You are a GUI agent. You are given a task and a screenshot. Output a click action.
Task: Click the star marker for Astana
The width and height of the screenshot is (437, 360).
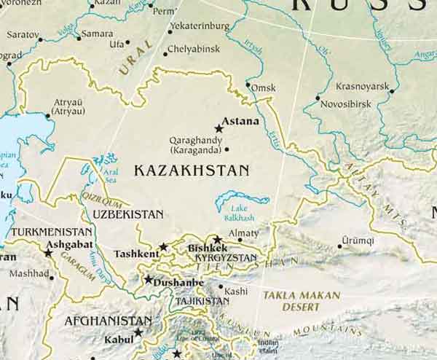coord(219,128)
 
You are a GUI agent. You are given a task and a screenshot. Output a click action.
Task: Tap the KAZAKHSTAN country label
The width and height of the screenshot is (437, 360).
coord(192,170)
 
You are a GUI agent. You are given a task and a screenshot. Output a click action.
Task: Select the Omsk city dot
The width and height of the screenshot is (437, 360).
coord(250,87)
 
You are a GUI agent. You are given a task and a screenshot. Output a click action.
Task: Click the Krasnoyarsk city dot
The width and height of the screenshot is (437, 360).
coord(391,91)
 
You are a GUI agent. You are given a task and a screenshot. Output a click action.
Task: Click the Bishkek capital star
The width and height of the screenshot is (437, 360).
coord(216,239)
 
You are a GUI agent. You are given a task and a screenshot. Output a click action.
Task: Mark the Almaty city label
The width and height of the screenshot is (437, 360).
coord(244,233)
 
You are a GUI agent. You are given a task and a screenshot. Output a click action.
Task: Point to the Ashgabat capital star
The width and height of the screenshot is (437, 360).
coord(48,253)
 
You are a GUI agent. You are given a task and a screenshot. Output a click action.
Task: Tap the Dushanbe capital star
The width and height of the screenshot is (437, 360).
coord(149,279)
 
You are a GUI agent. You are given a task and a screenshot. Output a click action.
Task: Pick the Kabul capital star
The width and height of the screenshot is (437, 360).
coord(138,332)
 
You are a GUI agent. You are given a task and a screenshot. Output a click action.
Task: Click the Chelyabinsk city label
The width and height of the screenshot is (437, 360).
coord(192,50)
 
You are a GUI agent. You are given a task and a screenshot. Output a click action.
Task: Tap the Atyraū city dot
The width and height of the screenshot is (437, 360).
coord(48,115)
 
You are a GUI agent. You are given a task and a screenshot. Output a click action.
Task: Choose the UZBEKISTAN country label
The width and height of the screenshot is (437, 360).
coord(128,214)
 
